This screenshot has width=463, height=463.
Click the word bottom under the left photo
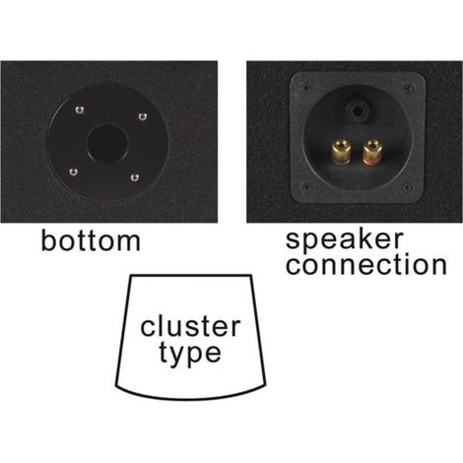(91, 240)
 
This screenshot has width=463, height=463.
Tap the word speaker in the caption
(344, 240)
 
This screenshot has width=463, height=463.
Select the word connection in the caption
(366, 265)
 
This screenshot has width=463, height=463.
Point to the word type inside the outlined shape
(190, 353)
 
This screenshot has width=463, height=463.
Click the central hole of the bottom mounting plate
(107, 144)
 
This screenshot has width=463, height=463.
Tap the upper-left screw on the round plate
(79, 109)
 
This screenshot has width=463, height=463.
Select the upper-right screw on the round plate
(142, 116)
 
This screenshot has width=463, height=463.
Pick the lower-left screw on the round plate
(74, 171)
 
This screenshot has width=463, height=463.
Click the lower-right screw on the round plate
(134, 177)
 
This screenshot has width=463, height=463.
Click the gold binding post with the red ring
(371, 153)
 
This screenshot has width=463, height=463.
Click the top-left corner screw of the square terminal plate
(305, 88)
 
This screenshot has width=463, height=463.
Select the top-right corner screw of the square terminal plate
(409, 88)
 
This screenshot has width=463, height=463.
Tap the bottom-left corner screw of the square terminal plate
(305, 187)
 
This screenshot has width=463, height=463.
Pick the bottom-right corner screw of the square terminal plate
(407, 188)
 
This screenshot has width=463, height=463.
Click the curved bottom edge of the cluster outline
(190, 398)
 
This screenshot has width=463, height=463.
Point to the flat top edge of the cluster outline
(191, 275)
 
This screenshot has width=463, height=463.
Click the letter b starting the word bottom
(48, 240)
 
